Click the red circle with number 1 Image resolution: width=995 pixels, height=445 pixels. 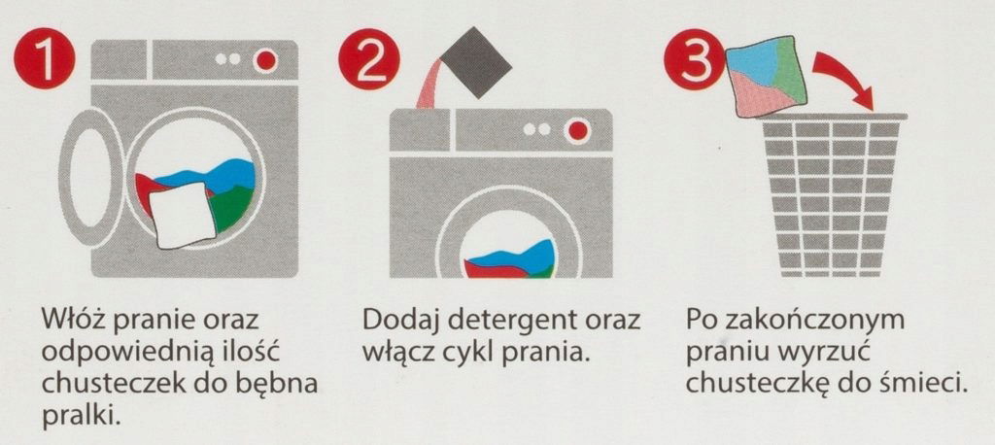(x=45, y=59)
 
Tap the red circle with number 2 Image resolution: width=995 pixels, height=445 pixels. (x=369, y=59)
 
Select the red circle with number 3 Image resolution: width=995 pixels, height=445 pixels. (x=694, y=59)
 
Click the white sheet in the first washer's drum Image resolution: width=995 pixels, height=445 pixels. (x=183, y=215)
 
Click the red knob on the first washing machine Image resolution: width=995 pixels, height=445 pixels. (x=265, y=60)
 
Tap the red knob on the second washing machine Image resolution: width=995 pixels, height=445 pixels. (x=577, y=131)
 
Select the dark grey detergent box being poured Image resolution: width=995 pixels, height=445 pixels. (x=476, y=62)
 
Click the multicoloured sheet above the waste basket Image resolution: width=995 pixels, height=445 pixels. (x=768, y=76)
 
